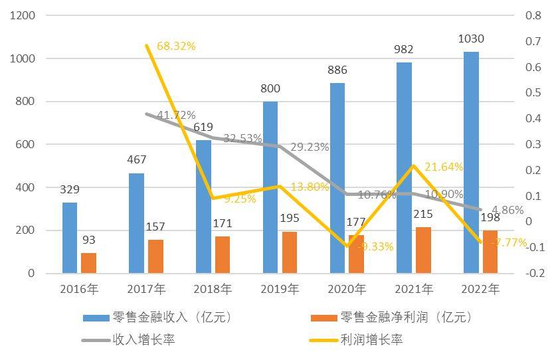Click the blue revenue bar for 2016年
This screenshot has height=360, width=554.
click(x=69, y=238)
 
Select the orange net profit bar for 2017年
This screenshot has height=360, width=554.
click(x=155, y=256)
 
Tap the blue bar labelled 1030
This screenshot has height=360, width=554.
click(x=471, y=162)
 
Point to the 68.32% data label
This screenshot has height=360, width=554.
click(x=176, y=46)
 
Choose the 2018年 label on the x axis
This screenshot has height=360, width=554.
click(x=212, y=289)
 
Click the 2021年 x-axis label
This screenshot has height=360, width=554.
click(x=413, y=289)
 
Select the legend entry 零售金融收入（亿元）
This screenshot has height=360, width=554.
click(x=171, y=317)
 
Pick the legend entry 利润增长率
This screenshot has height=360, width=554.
click(x=371, y=340)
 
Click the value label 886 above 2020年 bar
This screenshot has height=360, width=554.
click(x=337, y=70)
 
